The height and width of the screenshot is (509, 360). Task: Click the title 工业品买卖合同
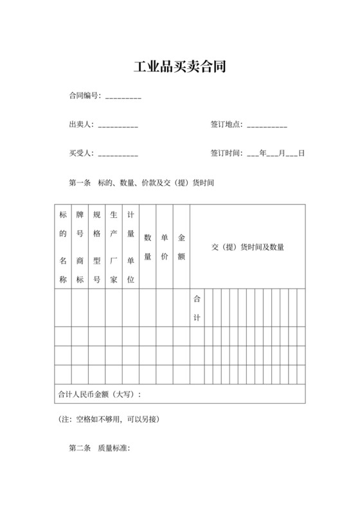(179, 67)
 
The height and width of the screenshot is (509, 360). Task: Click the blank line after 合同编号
(123, 98)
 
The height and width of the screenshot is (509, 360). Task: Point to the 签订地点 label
(226, 125)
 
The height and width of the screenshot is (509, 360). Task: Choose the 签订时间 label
(226, 154)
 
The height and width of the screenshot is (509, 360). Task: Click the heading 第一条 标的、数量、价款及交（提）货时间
(141, 183)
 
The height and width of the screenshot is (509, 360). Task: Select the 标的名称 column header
(63, 247)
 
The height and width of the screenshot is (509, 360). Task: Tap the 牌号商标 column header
(80, 247)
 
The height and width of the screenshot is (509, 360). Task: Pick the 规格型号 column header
(97, 247)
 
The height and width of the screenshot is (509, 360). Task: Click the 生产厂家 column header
(114, 247)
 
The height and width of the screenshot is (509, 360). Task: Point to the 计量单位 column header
(130, 247)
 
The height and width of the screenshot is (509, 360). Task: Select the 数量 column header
(148, 247)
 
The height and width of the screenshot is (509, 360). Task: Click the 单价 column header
(165, 247)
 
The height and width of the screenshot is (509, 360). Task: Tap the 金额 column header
(181, 247)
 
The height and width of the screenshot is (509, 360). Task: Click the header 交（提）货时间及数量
(248, 247)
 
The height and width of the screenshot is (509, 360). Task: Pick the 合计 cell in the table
(197, 308)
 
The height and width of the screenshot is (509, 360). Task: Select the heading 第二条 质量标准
(100, 448)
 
